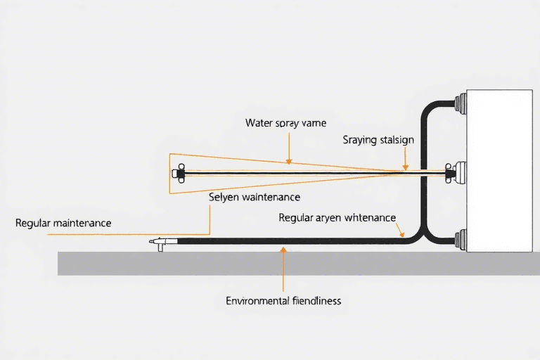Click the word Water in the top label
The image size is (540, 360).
[x=258, y=123]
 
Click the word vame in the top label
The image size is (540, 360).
[x=314, y=123]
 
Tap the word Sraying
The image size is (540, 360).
[x=359, y=140]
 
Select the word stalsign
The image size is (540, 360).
[x=397, y=140]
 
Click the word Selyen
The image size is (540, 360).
[x=224, y=198]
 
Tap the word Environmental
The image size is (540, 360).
[x=257, y=301]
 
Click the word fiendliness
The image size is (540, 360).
[x=316, y=301]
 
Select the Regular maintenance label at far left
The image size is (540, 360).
[x=63, y=223]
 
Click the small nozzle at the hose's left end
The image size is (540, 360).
[x=160, y=243]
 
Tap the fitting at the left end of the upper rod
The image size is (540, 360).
[x=179, y=172]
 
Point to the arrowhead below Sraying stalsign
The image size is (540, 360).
[x=405, y=168]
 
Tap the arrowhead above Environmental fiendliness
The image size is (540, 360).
[x=283, y=249]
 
